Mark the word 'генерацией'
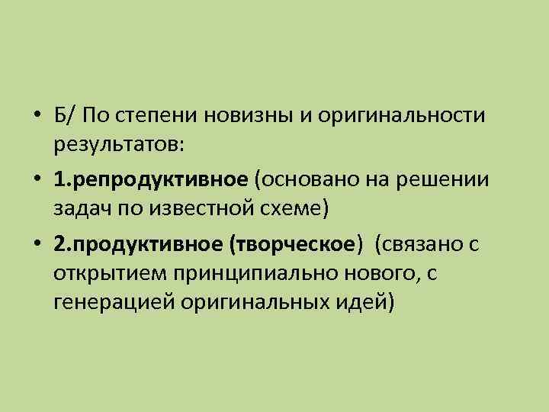(x=107, y=299)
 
